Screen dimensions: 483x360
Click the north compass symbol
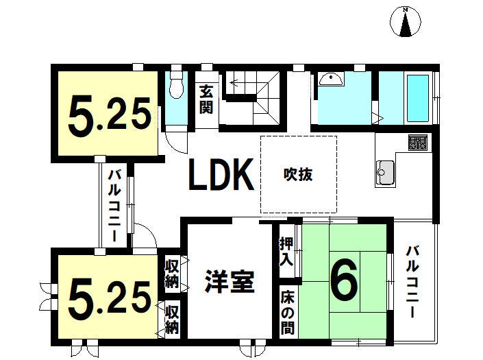(406, 22)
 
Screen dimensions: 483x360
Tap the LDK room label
(221, 174)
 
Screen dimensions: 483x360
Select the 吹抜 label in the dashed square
(298, 174)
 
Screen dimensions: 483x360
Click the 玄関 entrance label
(206, 99)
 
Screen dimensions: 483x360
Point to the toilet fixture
(177, 83)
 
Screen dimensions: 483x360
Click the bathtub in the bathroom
(418, 98)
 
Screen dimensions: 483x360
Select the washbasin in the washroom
(331, 80)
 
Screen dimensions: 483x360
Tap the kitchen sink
(385, 173)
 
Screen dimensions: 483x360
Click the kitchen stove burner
(418, 142)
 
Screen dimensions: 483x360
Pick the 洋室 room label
(230, 280)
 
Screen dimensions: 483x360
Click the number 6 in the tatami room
(344, 279)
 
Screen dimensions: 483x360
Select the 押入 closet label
(286, 252)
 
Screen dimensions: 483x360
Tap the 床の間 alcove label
(287, 312)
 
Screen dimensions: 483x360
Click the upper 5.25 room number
(110, 116)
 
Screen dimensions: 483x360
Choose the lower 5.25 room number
(110, 299)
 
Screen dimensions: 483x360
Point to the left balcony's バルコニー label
(114, 205)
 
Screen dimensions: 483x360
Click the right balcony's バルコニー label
(412, 281)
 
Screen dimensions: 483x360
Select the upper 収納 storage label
(172, 274)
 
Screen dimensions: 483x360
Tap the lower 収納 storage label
(172, 320)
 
